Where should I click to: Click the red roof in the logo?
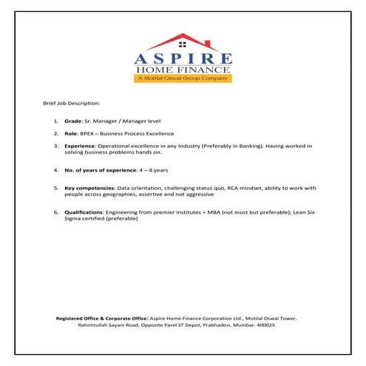tap(183, 41)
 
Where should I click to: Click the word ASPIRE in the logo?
tap(183, 58)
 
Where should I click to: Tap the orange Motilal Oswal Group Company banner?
tap(183, 78)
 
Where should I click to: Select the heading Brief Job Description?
tap(72, 103)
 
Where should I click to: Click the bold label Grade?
tap(73, 120)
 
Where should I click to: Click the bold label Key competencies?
tap(89, 189)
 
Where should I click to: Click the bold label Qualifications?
tap(84, 212)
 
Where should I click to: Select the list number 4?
tap(55, 170)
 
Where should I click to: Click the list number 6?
tap(55, 212)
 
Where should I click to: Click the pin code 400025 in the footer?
tap(264, 325)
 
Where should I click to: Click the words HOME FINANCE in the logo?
tap(183, 70)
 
